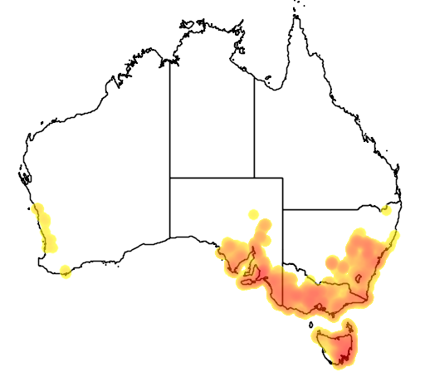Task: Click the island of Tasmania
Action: pos(336,343)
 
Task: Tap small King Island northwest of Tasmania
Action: pos(311,324)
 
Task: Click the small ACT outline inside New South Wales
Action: pos(359,277)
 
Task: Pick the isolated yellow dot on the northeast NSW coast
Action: pos(385,211)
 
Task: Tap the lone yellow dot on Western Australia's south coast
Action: pos(66,270)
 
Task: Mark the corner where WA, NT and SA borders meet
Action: pos(170,177)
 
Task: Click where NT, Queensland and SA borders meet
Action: pos(254,177)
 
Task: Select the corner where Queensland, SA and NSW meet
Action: pos(282,208)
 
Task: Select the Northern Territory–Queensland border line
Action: pos(254,125)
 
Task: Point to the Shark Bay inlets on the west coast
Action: pos(24,176)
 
